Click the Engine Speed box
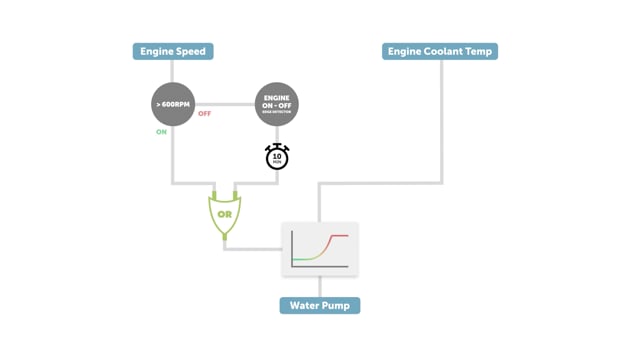click(x=173, y=51)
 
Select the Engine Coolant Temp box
click(x=440, y=51)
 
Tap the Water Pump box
click(x=320, y=305)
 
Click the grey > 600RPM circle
click(x=173, y=104)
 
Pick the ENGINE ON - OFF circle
click(x=277, y=104)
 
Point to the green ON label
click(x=161, y=132)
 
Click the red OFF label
click(x=205, y=114)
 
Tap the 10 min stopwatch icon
click(x=277, y=157)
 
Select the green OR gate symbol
click(x=225, y=214)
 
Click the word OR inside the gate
click(x=225, y=214)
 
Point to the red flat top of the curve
click(x=339, y=236)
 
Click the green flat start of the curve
click(x=300, y=259)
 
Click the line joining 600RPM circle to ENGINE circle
click(x=225, y=104)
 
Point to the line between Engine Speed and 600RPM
click(x=173, y=71)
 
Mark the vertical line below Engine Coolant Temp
click(x=441, y=120)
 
